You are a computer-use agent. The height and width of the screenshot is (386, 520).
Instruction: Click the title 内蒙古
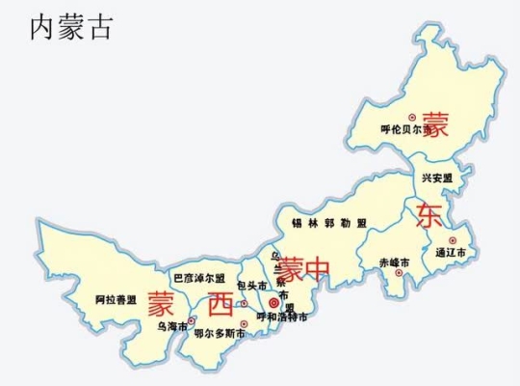[x=71, y=25]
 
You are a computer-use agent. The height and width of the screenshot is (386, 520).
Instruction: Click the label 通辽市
[x=455, y=252]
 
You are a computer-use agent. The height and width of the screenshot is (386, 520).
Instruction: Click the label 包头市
[x=249, y=286]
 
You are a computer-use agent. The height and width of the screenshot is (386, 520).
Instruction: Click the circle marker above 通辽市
[x=453, y=239]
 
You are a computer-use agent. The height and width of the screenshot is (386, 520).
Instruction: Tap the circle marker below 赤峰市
[x=398, y=273]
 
